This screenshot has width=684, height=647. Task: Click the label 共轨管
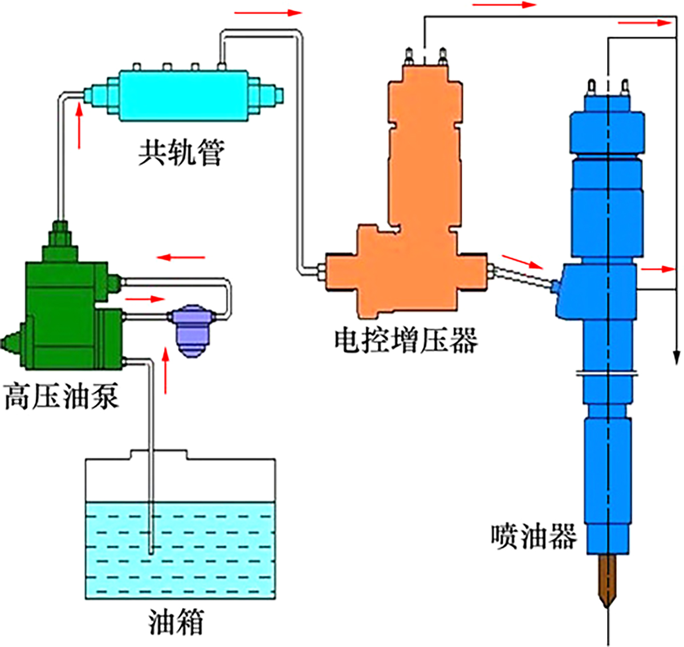181,152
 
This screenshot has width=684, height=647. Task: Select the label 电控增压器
405,340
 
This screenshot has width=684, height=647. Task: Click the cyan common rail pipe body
182,94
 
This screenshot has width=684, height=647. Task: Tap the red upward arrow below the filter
166,371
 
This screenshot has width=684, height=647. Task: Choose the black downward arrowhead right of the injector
677,357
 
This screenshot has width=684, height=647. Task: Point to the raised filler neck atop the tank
159,454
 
